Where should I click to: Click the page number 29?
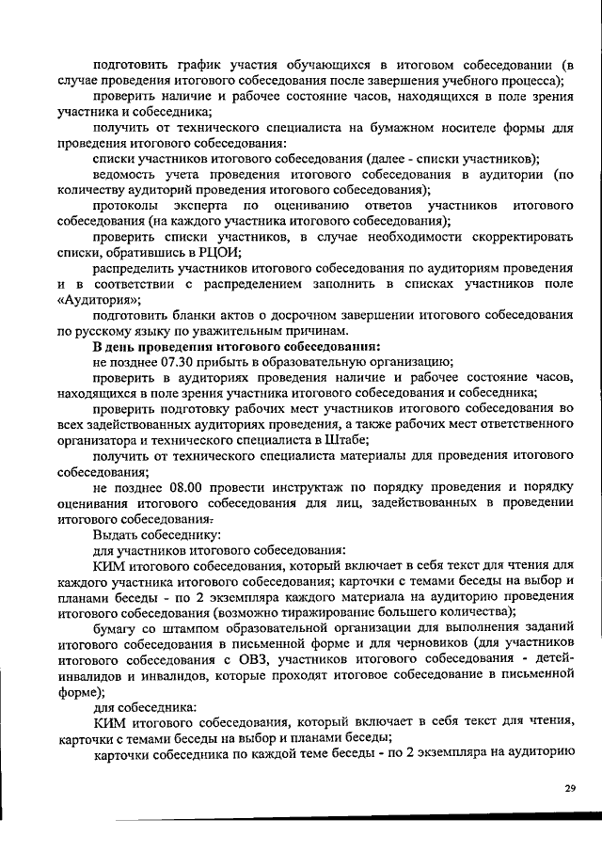(570, 788)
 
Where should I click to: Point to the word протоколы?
(129, 204)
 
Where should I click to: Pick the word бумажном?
(362, 127)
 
